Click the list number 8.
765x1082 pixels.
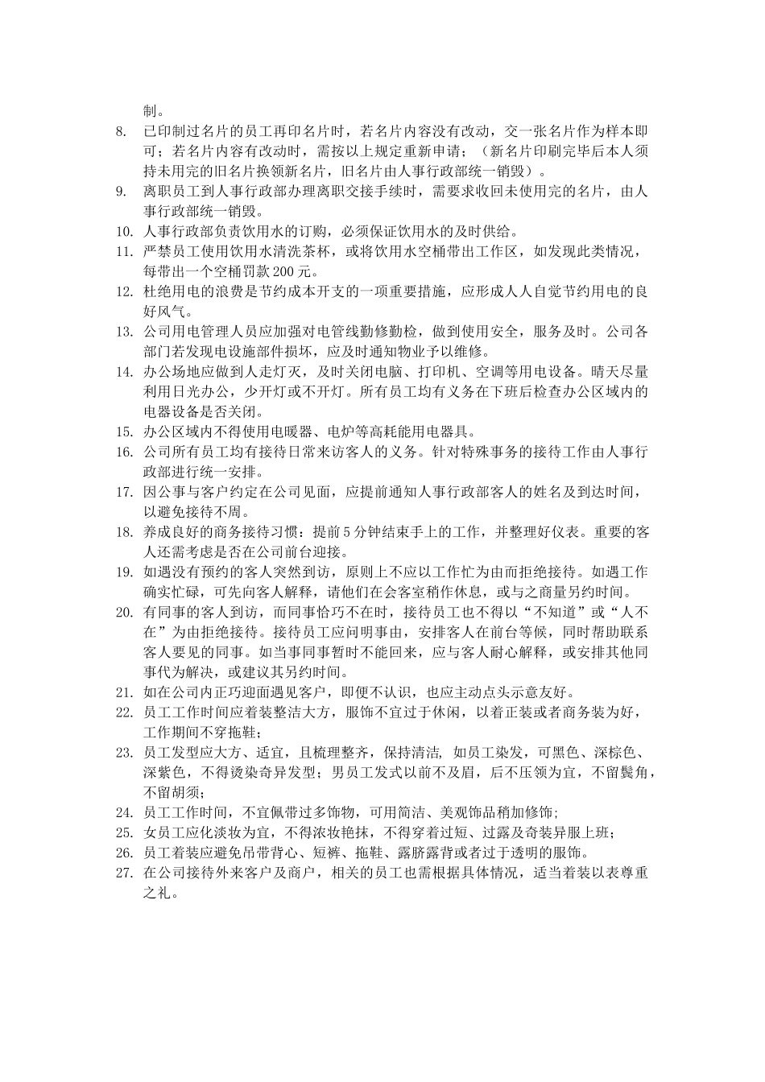coord(121,130)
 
